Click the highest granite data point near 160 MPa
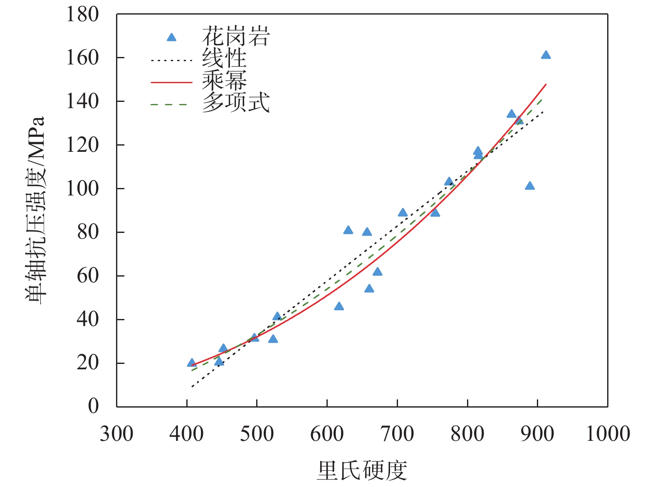coord(546,55)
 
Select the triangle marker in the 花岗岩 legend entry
coord(171,38)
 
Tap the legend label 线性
coord(224,58)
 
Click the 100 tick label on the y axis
coord(83,188)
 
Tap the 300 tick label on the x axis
coord(116,434)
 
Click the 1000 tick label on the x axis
coord(608,434)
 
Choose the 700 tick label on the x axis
coord(397,434)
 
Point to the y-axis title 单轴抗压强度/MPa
coord(35,210)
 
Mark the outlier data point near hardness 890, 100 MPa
coord(529,186)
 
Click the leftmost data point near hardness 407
coord(192,363)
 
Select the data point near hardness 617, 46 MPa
coord(339,307)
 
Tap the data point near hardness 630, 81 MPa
coord(348,230)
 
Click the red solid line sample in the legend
coord(171,82)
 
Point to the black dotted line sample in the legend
coord(171,61)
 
